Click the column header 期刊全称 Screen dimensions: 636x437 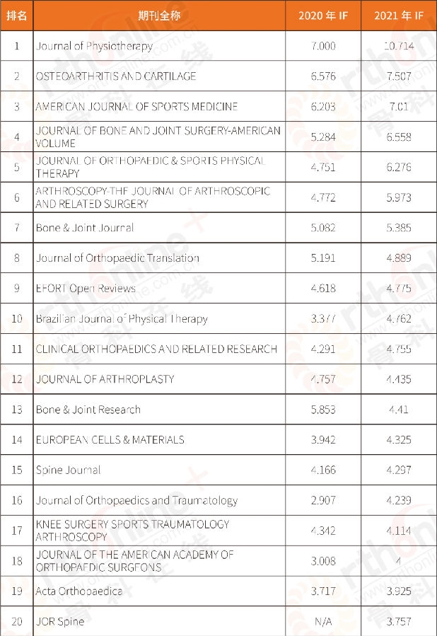[159, 16]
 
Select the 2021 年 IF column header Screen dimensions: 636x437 [399, 16]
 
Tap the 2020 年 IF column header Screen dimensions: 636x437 [322, 16]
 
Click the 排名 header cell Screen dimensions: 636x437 [17, 16]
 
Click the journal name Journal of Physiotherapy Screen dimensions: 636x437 [94, 46]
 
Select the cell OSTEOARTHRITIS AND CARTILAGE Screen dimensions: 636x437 [116, 76]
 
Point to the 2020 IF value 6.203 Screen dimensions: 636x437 [322, 107]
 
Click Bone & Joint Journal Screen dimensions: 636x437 [85, 228]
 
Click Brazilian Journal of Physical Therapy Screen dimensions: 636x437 [122, 319]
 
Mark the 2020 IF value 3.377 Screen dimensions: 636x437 [322, 319]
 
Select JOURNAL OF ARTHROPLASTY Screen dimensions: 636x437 [105, 379]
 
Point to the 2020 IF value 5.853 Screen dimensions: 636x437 [322, 410]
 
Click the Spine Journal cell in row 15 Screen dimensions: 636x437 [69, 470]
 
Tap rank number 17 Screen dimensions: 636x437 [17, 531]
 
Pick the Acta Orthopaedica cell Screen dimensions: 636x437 [79, 591]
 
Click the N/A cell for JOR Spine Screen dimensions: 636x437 [322, 622]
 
